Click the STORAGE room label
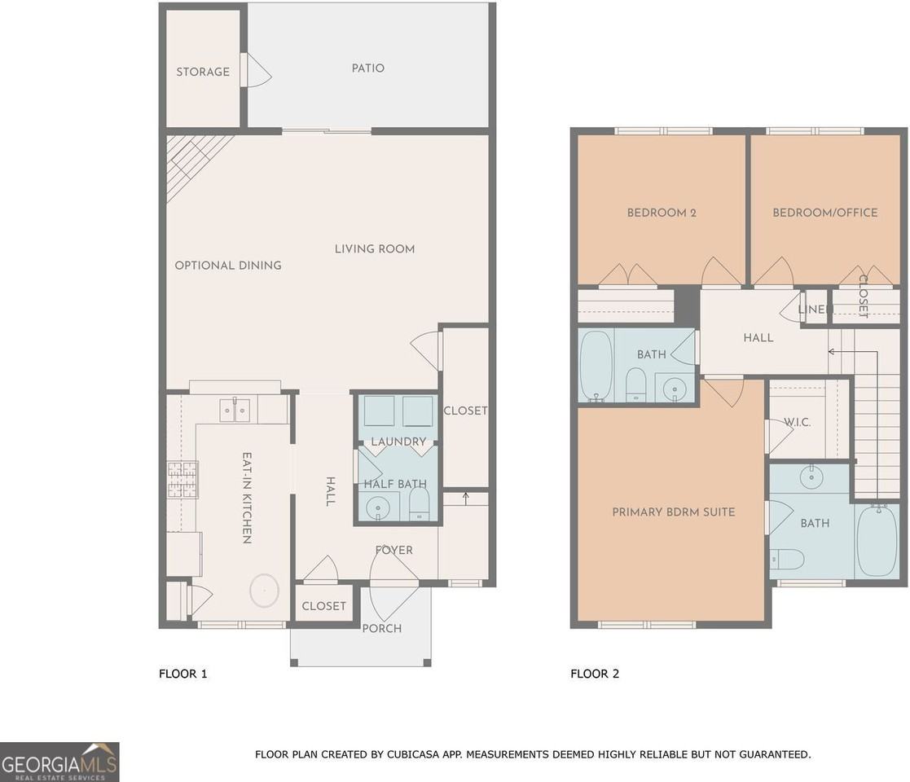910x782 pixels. [203, 72]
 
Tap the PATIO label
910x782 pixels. [367, 68]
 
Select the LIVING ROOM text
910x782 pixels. [375, 248]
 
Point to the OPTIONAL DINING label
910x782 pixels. [228, 265]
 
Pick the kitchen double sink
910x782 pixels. [235, 411]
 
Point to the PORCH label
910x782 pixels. [382, 628]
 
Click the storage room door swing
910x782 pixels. [259, 72]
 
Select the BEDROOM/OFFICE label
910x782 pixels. [825, 213]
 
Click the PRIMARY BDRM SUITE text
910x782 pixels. [673, 512]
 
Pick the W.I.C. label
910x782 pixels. [795, 422]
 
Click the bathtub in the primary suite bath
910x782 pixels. [877, 540]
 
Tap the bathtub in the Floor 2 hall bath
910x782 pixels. [596, 366]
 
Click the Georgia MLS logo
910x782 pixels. [59, 762]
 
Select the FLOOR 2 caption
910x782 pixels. [595, 674]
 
